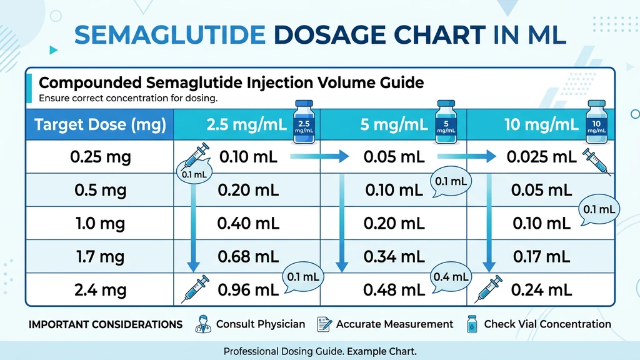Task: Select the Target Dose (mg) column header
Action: tap(100, 124)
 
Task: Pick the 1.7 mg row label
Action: tap(100, 256)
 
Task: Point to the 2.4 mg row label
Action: tap(100, 289)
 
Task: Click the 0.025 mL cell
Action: tap(537, 156)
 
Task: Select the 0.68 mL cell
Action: tap(248, 256)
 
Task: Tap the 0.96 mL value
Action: tap(248, 289)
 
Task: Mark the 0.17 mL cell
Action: tap(541, 256)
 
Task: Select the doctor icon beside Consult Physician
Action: tap(204, 324)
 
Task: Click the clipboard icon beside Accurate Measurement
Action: tap(324, 324)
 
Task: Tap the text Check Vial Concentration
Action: tap(547, 324)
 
